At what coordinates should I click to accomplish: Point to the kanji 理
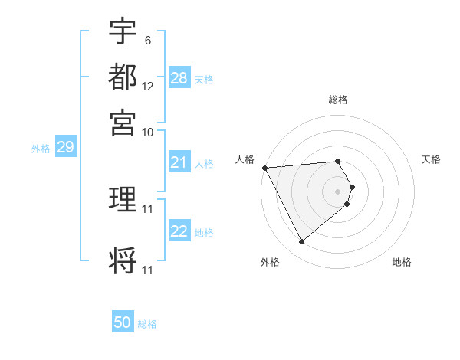pyautogui.click(x=123, y=200)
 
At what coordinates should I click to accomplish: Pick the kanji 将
pyautogui.click(x=123, y=260)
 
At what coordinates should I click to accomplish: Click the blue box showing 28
pyautogui.click(x=179, y=78)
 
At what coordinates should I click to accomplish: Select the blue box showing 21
pyautogui.click(x=179, y=162)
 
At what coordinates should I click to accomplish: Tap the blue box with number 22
pyautogui.click(x=179, y=231)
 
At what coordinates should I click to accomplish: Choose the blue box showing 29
pyautogui.click(x=65, y=147)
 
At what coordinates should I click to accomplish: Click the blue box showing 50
pyautogui.click(x=123, y=322)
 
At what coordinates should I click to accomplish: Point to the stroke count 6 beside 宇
pyautogui.click(x=147, y=40)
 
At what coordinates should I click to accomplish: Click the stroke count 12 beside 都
pyautogui.click(x=148, y=86)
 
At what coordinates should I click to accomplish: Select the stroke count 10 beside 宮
pyautogui.click(x=148, y=132)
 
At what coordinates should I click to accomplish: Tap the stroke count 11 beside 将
pyautogui.click(x=148, y=270)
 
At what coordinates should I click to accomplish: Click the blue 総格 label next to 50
pyautogui.click(x=147, y=324)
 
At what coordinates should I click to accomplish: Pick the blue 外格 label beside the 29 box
pyautogui.click(x=41, y=149)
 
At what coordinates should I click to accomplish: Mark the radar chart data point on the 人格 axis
pyautogui.click(x=264, y=168)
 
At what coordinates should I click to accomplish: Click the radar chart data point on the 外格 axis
pyautogui.click(x=301, y=242)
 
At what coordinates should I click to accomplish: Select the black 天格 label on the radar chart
pyautogui.click(x=432, y=159)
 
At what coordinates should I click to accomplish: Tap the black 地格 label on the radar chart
pyautogui.click(x=402, y=262)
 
